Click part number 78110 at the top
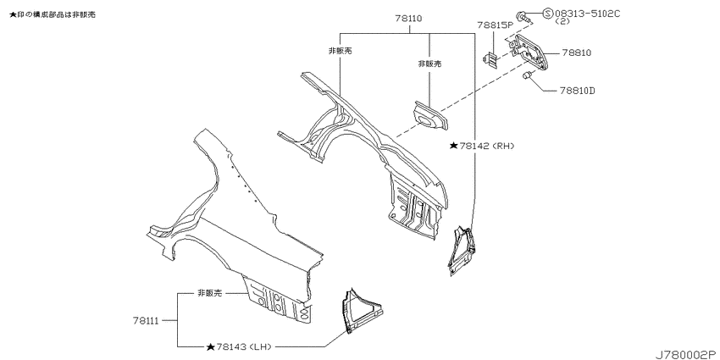coord(408,19)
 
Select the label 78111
coord(147,321)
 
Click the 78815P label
coord(495,25)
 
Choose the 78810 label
coord(577,53)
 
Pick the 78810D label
coord(577,91)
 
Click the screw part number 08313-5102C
coord(587,14)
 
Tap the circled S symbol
coord(548,14)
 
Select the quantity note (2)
coord(562,21)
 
